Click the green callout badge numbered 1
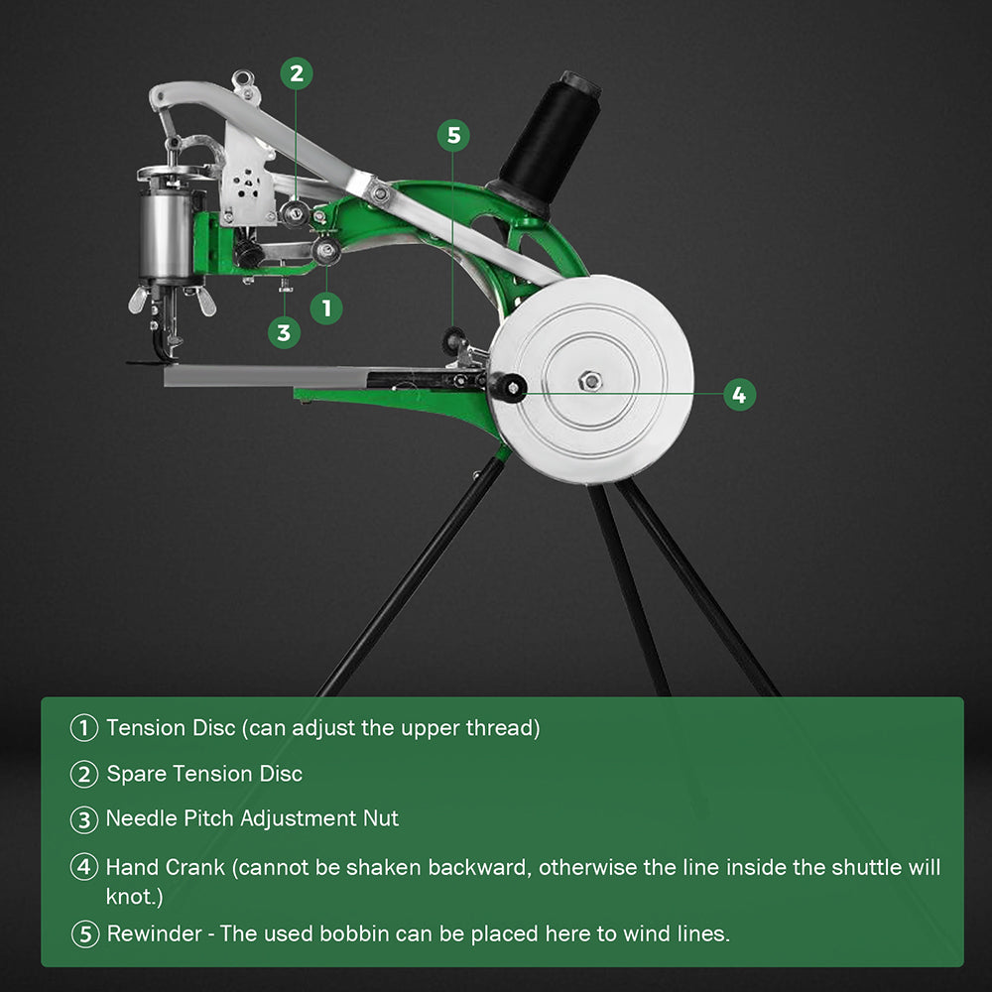pos(326,308)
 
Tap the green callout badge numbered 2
pos(296,73)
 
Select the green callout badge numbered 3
pos(284,332)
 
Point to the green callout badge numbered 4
pos(738,395)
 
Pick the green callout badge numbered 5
pos(453,136)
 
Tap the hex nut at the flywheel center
pos(591,380)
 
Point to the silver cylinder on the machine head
pos(163,234)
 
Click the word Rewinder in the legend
pos(155,933)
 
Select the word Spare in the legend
pos(136,774)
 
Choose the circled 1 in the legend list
pos(84,728)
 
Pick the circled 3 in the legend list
pos(84,820)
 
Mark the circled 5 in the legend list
pos(84,933)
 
